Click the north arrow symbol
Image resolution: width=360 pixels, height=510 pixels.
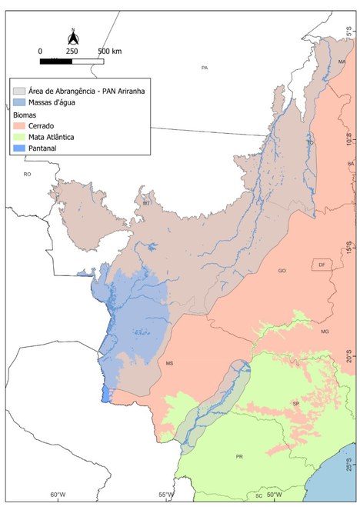coord(72,35)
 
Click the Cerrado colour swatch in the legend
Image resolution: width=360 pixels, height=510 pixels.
coord(19,124)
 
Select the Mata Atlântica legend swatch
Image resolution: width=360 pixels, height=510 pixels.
coord(19,135)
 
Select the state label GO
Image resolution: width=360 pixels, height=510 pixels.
coord(282,271)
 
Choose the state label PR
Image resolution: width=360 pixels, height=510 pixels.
coord(239,457)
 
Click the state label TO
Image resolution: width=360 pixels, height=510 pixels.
coord(311,142)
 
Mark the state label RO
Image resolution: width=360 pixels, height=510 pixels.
coord(27,175)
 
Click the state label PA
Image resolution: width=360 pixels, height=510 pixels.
coord(205,68)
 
